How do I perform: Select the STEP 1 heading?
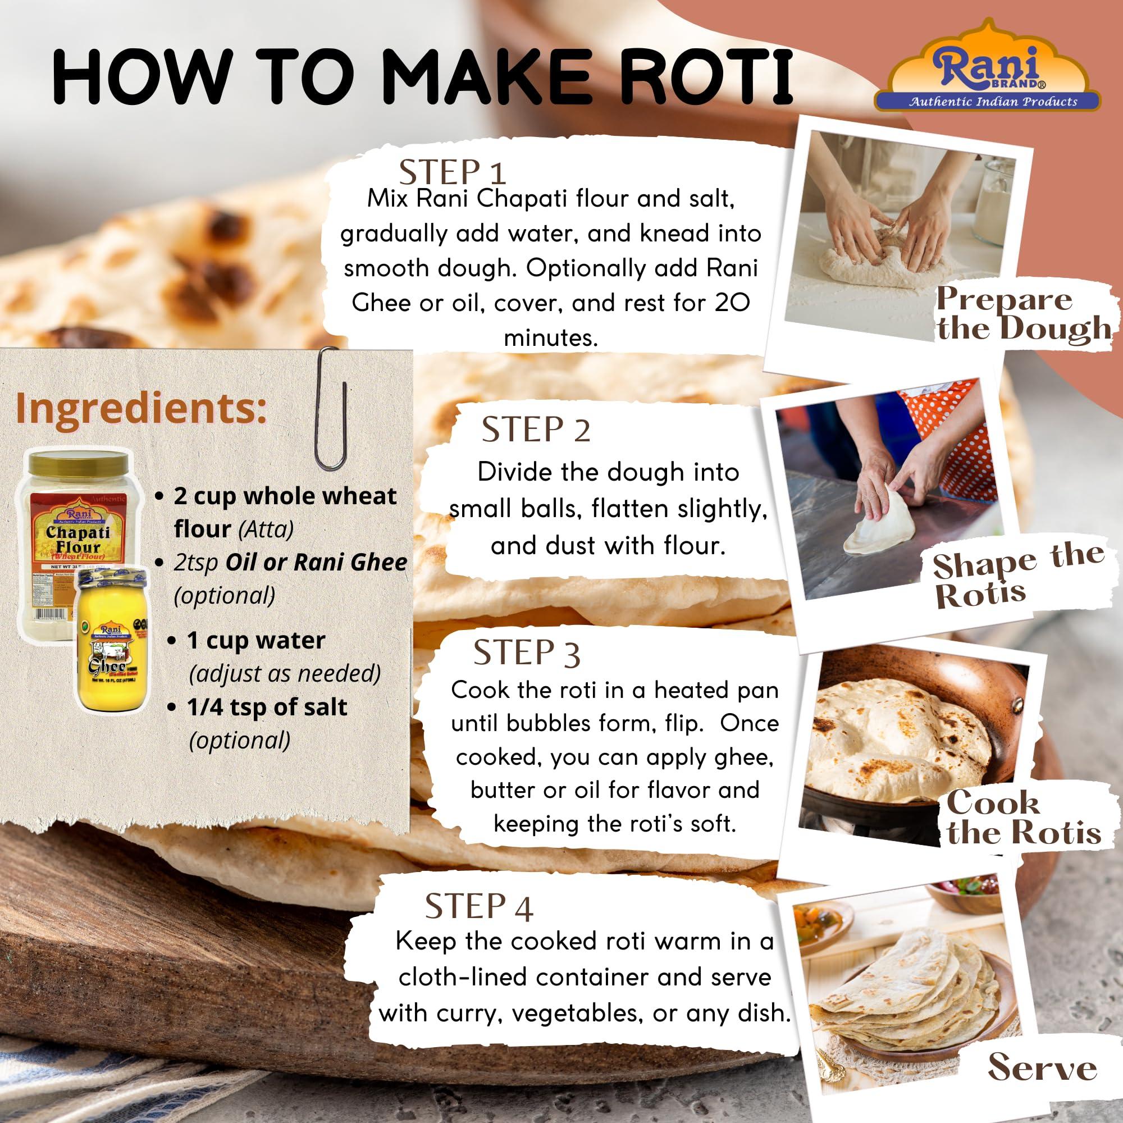452,172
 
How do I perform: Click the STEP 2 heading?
535,430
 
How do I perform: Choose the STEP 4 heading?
478,907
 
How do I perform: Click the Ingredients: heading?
141,409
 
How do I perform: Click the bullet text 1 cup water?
255,641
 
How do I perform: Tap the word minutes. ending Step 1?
550,337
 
